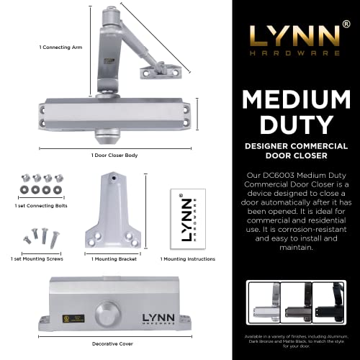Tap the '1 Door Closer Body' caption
pos(114,156)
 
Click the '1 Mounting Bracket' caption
pos(114,258)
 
